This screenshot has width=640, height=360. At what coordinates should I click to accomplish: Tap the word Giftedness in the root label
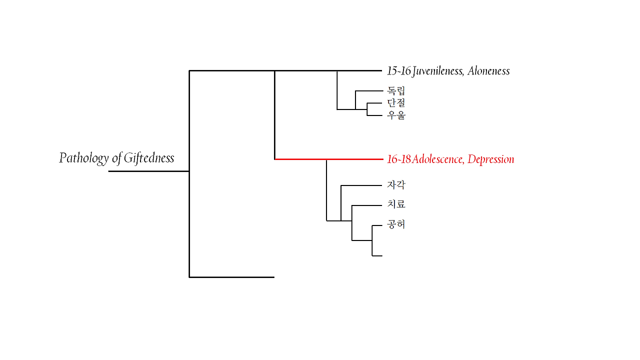tap(148, 158)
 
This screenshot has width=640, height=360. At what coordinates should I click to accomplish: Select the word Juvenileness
tap(438, 71)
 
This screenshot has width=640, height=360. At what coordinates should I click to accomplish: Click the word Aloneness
tap(488, 71)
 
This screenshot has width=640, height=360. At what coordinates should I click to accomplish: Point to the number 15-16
tap(398, 71)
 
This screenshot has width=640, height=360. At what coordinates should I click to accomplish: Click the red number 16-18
tap(399, 159)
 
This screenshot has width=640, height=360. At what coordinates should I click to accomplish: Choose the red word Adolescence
tap(438, 159)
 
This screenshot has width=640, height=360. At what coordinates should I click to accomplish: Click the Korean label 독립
tap(396, 91)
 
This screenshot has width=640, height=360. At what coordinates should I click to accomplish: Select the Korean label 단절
tap(396, 103)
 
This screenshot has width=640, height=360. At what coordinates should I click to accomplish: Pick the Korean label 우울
tap(396, 115)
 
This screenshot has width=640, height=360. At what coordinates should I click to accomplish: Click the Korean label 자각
tap(396, 185)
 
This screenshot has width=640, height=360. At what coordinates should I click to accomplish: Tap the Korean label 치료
tap(396, 204)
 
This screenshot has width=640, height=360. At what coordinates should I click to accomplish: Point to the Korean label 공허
tap(396, 224)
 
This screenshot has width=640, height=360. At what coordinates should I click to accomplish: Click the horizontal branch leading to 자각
tap(361, 185)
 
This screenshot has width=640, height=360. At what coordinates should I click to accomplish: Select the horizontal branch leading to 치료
tap(367, 205)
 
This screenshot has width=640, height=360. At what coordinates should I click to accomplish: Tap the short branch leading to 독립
tap(368, 91)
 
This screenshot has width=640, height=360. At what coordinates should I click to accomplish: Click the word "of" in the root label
tap(116, 158)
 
